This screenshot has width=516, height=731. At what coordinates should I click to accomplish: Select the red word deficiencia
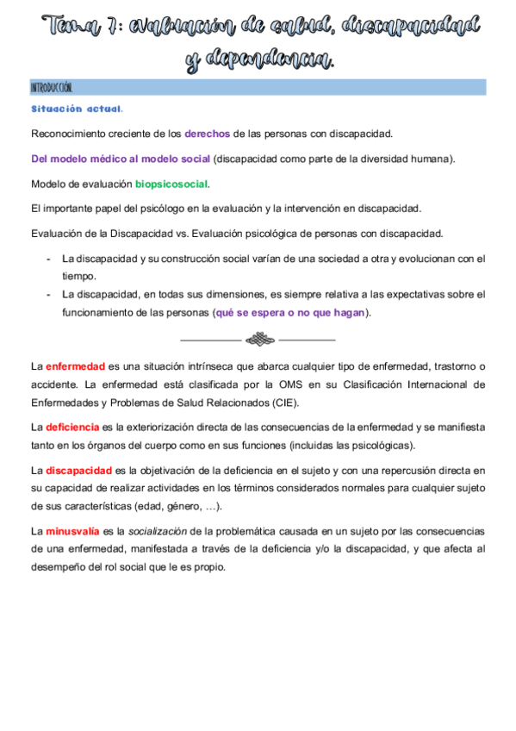(x=72, y=427)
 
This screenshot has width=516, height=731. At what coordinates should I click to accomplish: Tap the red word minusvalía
(x=73, y=532)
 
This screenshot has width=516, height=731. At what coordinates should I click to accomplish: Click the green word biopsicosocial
(x=171, y=184)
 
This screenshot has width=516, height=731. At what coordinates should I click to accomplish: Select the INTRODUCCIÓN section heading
(x=52, y=88)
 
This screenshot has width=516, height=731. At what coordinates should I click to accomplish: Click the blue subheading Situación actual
(x=77, y=109)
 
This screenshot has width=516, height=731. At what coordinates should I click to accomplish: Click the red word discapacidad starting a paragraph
(x=78, y=470)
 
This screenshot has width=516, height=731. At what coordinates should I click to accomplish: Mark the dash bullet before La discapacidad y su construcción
(x=48, y=259)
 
